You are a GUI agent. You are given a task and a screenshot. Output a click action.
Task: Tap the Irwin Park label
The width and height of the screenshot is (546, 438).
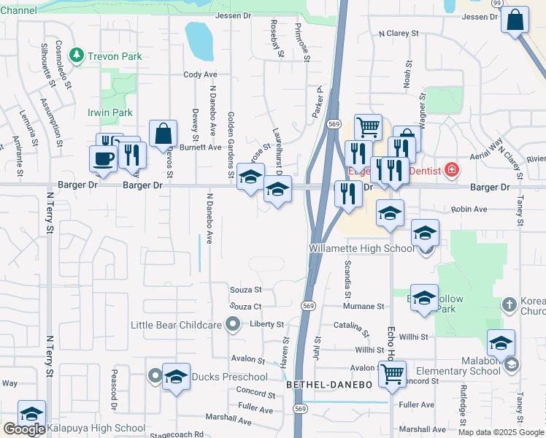(x=110, y=112)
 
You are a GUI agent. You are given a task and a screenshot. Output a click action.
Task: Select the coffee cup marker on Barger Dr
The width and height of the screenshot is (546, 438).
(x=103, y=158)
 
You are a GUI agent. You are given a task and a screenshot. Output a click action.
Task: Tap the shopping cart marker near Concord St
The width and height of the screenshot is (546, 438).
(x=393, y=374)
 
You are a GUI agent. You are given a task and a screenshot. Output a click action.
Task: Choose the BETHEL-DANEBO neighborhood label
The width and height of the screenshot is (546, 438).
(x=329, y=384)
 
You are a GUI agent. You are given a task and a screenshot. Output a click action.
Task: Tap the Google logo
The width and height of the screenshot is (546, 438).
(x=23, y=429)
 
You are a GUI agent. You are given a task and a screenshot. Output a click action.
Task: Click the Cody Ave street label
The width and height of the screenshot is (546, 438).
(x=201, y=74)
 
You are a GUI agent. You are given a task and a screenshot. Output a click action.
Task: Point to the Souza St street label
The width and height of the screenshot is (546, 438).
(x=245, y=290)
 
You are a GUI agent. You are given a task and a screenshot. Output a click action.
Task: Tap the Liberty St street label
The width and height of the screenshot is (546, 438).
(x=266, y=324)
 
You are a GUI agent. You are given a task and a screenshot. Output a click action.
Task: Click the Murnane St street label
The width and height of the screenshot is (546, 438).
(x=364, y=307)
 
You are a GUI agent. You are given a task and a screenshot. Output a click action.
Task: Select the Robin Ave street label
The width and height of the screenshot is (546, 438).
(x=469, y=209)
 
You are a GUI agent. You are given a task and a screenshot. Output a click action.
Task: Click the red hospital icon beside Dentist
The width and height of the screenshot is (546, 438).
(x=453, y=170)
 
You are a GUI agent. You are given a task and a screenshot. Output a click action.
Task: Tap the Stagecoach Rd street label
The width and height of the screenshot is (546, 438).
(x=180, y=434)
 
